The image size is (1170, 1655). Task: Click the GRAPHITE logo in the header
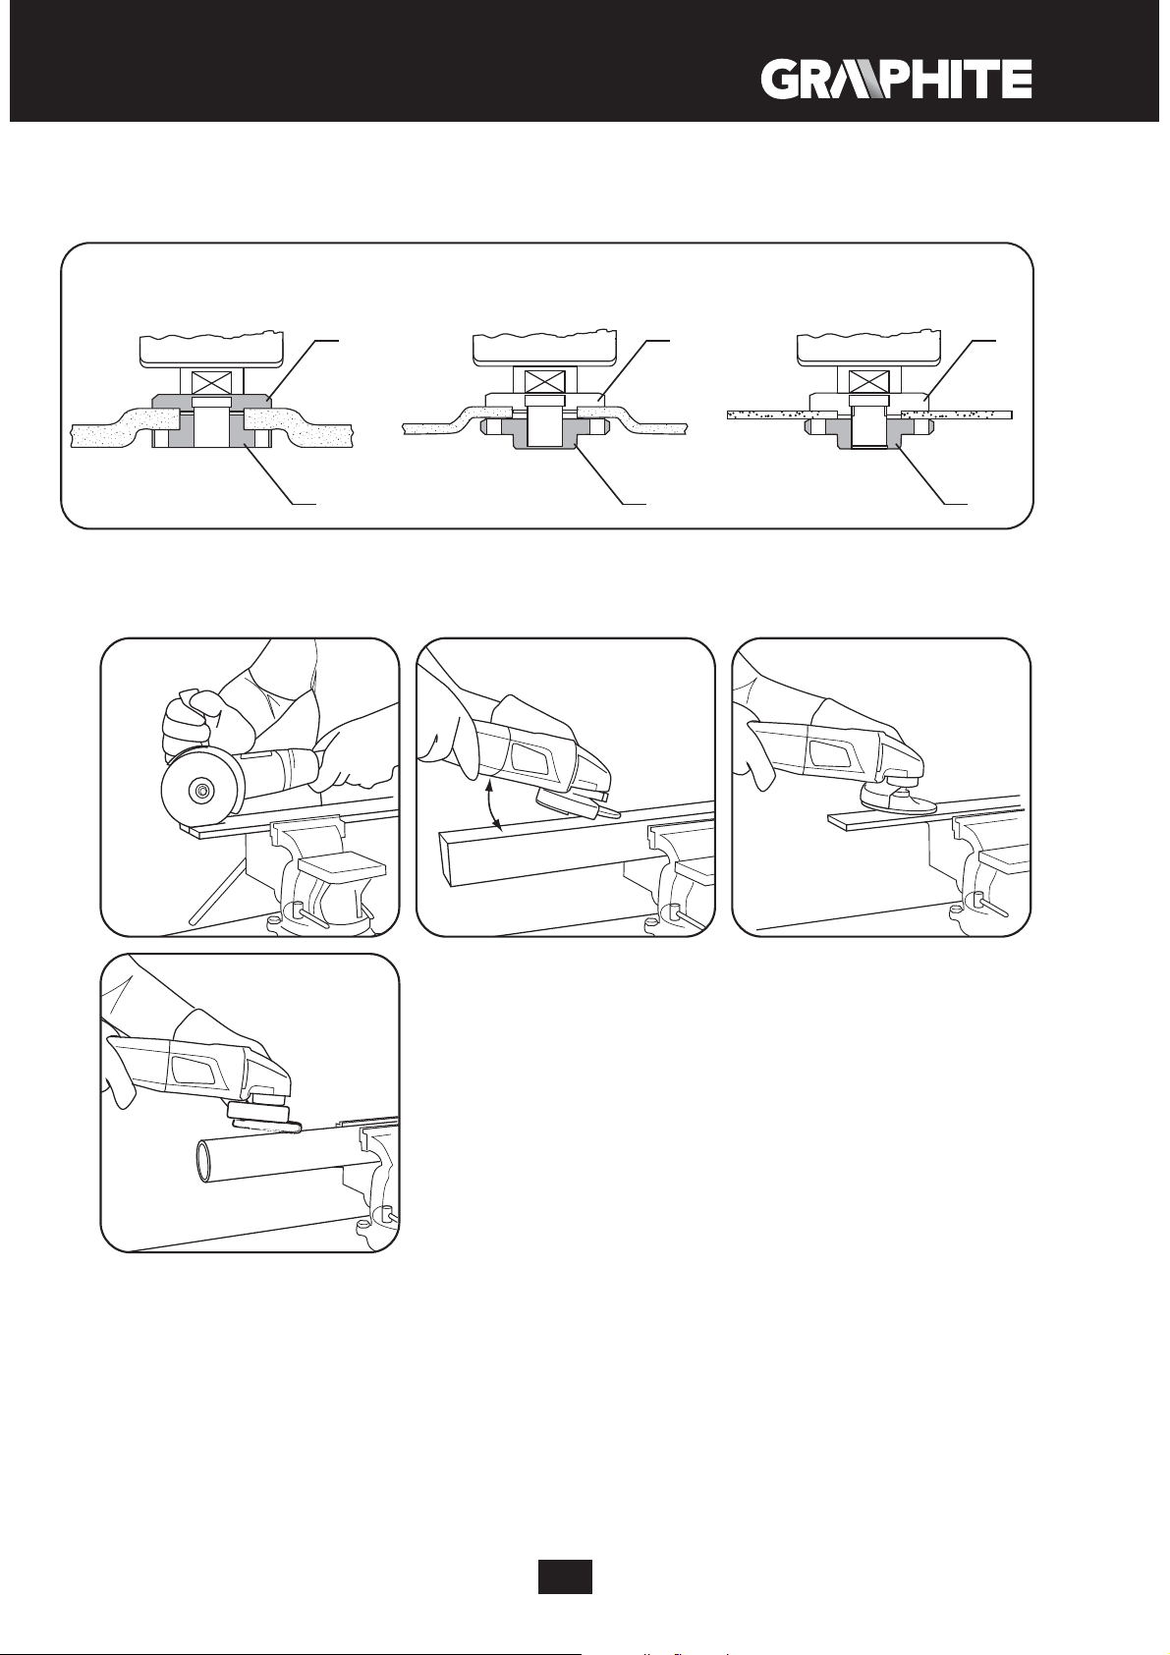895,80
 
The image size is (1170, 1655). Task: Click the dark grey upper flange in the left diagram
163,402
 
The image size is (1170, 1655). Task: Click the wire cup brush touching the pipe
263,1117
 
